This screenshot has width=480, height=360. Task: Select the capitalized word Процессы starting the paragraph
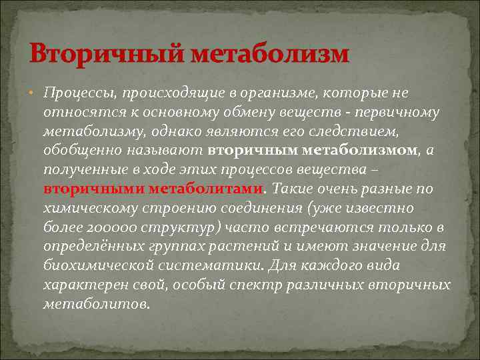[x=73, y=93]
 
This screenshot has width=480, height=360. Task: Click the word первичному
[x=401, y=112]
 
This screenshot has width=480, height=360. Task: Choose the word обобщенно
[x=79, y=151]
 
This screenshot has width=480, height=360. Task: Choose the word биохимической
[x=93, y=267]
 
